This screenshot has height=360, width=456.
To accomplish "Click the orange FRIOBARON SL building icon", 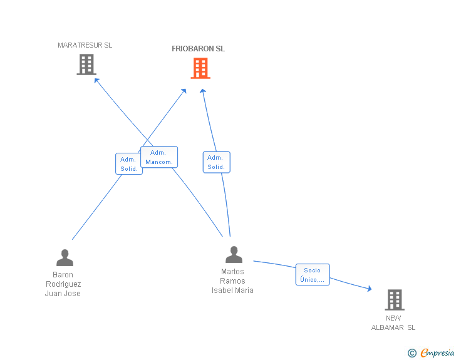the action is pos(200,68).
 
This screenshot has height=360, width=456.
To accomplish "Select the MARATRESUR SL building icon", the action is pos(86,64).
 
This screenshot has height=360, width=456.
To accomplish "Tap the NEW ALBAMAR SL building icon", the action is pos(395,300).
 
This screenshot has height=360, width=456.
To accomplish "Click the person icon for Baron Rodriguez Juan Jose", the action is pos(65,258).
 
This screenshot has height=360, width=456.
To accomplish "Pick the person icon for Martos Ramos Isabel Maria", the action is pos(234,254).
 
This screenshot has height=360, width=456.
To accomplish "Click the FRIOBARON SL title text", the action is pos(199,49).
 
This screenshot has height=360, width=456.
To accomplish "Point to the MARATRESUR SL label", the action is pos(85,45).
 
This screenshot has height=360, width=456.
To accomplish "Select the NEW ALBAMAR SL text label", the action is pos(393,323).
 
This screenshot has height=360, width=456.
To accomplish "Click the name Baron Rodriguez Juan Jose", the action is pos(63,284).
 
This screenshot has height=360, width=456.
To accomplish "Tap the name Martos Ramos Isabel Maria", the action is pos(232,281).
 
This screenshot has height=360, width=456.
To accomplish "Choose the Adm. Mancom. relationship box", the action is pos(159,157).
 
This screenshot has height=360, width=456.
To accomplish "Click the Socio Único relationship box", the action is pos(313,274).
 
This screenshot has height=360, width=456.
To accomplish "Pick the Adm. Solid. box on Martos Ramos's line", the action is pos(216,162).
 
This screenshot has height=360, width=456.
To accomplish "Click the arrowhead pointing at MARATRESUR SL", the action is pos(97,80).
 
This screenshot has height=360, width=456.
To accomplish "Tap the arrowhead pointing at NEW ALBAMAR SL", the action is pos(370,289).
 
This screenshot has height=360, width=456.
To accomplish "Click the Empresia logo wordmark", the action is pos(437,352).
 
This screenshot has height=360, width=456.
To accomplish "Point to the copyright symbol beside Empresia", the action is pos(412,353).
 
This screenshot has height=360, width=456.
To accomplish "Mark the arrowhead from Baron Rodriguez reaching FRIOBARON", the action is pos(184,91).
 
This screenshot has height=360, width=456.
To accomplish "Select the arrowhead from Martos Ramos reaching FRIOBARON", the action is pos(203,91).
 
